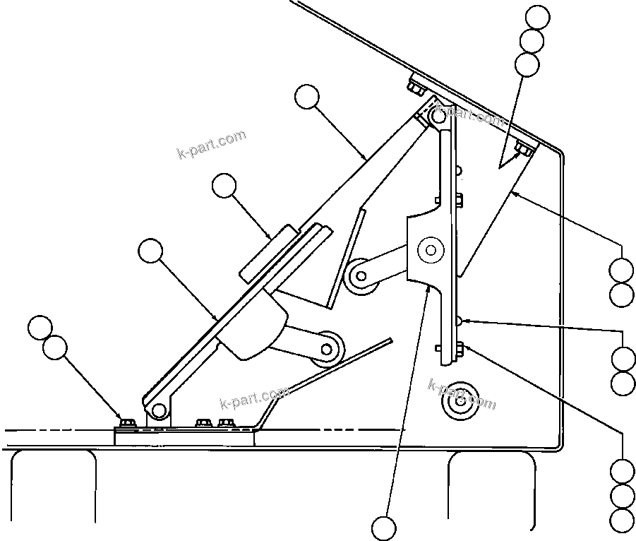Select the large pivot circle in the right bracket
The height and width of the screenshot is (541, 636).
click(429, 249)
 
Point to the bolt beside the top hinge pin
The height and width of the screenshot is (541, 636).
click(415, 89)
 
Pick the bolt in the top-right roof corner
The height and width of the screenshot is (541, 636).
click(523, 149)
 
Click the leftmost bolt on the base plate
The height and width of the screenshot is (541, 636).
click(128, 423)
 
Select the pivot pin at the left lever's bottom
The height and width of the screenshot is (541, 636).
click(158, 410)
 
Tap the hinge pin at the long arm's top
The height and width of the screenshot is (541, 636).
click(438, 116)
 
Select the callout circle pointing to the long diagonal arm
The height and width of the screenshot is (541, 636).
click(307, 97)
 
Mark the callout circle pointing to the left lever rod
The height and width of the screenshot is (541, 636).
click(150, 251)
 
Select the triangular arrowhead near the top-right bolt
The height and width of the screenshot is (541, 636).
click(508, 160)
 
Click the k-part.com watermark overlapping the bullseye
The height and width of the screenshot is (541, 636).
click(462, 393)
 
